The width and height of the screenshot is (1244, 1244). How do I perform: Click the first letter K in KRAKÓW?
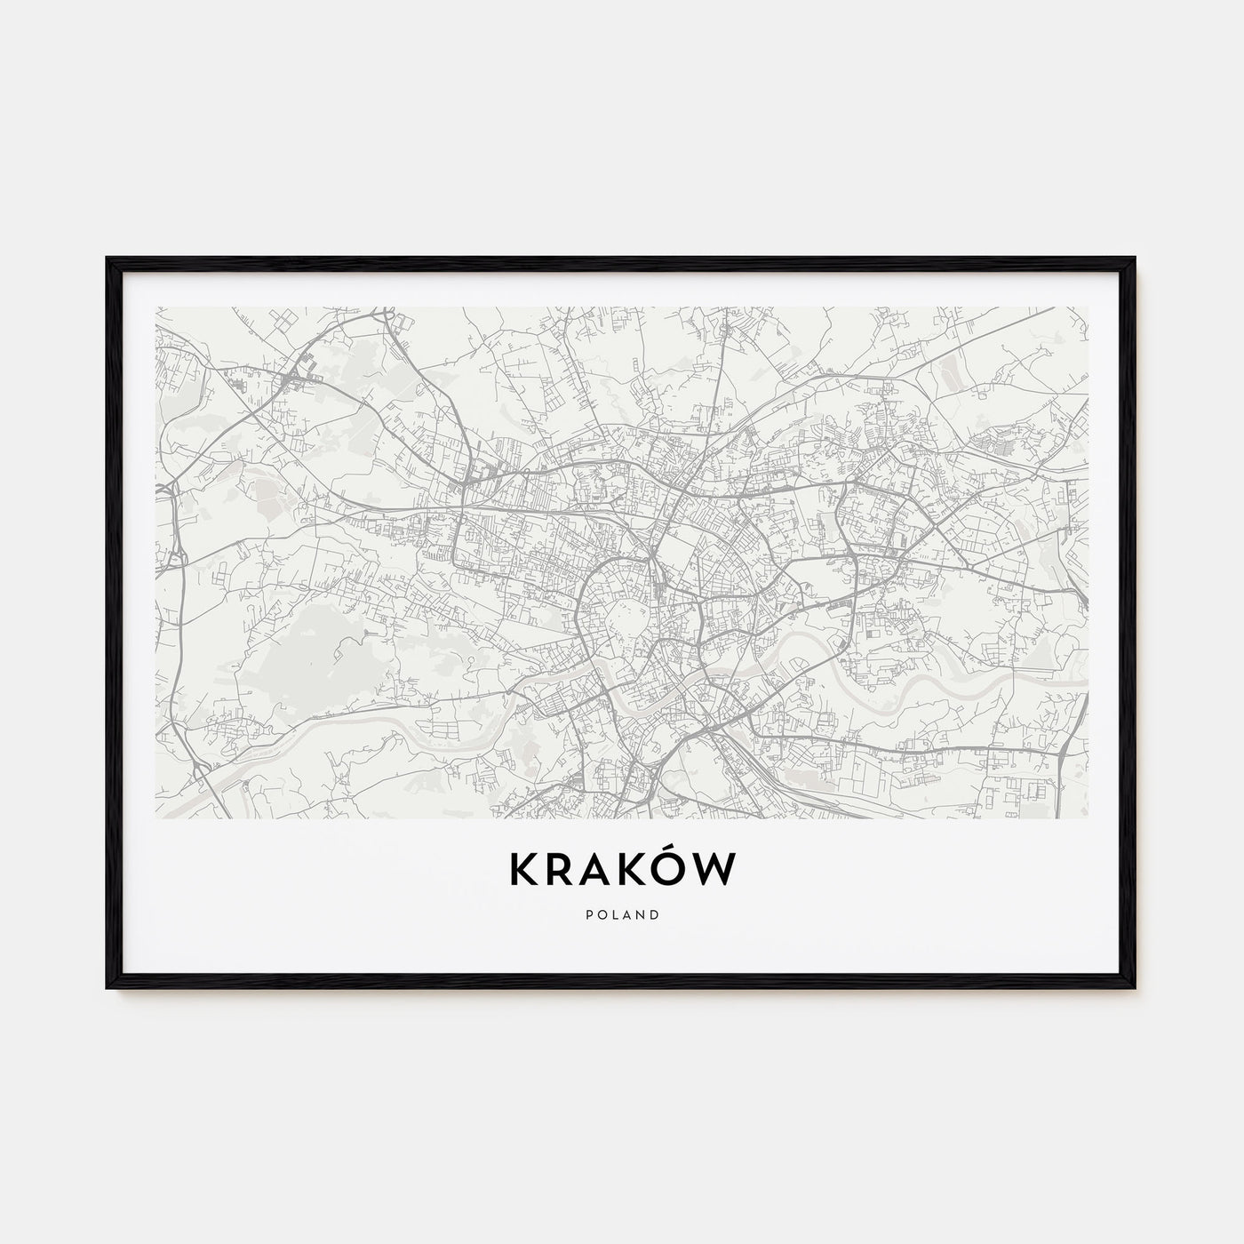pyautogui.click(x=523, y=871)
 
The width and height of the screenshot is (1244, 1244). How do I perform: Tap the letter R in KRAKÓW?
pyautogui.click(x=562, y=871)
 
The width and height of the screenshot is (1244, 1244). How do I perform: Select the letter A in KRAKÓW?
pyautogui.click(x=599, y=871)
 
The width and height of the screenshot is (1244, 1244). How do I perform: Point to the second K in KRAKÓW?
pyautogui.click(x=636, y=871)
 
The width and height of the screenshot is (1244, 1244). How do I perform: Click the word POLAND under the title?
pyautogui.click(x=622, y=913)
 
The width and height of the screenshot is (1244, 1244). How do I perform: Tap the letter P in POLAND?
pyautogui.click(x=588, y=913)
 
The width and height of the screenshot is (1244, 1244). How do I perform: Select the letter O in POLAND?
pyautogui.click(x=601, y=913)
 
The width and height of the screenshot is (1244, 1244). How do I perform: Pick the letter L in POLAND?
pyautogui.click(x=614, y=913)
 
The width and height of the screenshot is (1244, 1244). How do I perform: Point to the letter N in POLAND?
pyautogui.click(x=641, y=913)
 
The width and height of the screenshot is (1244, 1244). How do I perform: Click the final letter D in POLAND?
pyautogui.click(x=655, y=913)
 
